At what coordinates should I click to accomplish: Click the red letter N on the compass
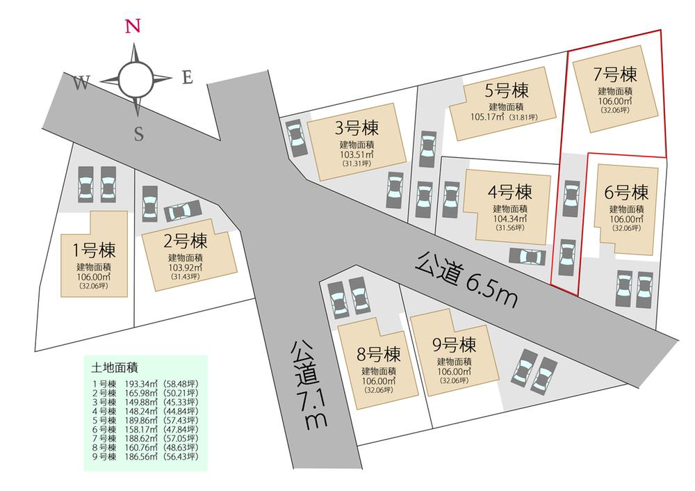click(x=132, y=27)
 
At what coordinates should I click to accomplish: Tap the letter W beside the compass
click(x=81, y=84)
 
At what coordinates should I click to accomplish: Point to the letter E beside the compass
click(x=186, y=78)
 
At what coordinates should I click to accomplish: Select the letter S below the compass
click(x=138, y=134)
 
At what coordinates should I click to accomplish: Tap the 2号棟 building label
click(x=184, y=242)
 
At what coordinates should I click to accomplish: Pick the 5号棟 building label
click(x=507, y=90)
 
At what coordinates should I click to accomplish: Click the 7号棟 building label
click(x=614, y=72)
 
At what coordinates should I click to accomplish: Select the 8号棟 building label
click(x=378, y=353)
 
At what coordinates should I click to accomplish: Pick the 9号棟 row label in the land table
click(x=103, y=457)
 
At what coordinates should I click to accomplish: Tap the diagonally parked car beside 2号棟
click(x=183, y=211)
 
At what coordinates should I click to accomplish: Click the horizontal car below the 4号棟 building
click(x=527, y=257)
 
